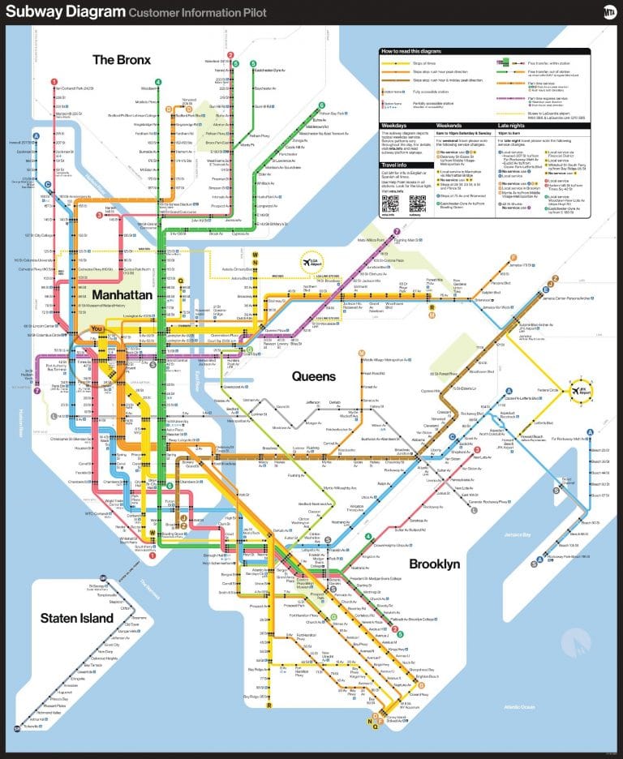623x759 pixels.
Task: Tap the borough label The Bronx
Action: coord(122,59)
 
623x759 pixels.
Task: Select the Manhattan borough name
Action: coord(122,295)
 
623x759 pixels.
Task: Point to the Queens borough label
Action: coord(313,376)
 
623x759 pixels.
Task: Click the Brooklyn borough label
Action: coord(434,563)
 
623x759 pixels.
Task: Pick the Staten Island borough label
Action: coord(77,619)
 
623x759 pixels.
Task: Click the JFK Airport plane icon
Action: coord(585,388)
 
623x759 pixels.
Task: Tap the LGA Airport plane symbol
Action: coord(311,263)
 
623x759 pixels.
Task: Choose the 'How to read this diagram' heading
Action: coord(413,51)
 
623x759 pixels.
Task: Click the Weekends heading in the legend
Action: coord(449,126)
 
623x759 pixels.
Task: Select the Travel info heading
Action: coord(394,165)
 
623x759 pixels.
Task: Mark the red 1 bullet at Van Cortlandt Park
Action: coord(54,81)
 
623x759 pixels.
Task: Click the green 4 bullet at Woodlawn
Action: coord(158,81)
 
